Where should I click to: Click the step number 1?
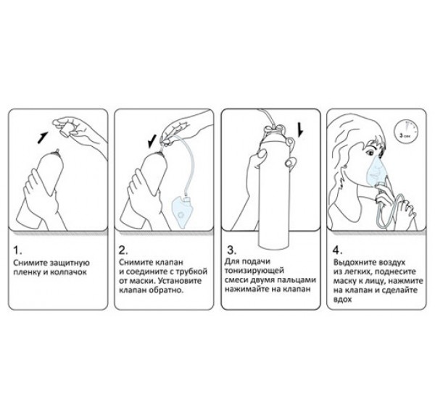pos(17,250)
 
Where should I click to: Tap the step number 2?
pos(123,250)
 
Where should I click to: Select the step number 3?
pos(232,250)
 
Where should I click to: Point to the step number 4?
pos(337,250)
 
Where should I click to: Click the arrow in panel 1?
pos(42,138)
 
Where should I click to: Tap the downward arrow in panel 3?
pos(300,130)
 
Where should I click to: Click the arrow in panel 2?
pos(152,141)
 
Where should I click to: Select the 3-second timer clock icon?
pos(406,132)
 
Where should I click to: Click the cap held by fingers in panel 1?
pos(67,130)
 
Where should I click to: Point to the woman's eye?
pos(370,152)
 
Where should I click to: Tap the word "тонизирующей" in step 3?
pos(254,271)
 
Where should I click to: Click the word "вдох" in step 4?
pos(343,300)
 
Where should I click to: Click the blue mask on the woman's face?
pos(376,169)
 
